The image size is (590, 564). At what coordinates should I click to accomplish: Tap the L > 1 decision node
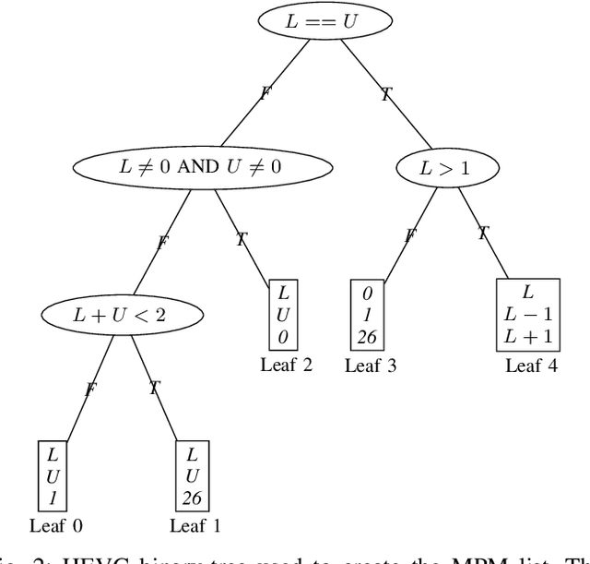tap(448, 169)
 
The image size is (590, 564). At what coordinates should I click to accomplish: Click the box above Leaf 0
tap(53, 476)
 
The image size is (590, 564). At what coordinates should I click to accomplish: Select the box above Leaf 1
tap(192, 476)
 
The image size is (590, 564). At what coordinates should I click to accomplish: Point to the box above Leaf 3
tap(367, 316)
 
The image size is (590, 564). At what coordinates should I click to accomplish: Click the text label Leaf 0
tap(56, 527)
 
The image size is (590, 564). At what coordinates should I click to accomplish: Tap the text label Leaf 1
tap(195, 527)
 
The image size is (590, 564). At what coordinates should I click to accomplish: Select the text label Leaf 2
tap(287, 365)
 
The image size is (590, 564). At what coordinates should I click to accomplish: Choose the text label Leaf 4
tap(531, 366)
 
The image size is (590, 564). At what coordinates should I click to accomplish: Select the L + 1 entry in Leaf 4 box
tap(528, 337)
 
